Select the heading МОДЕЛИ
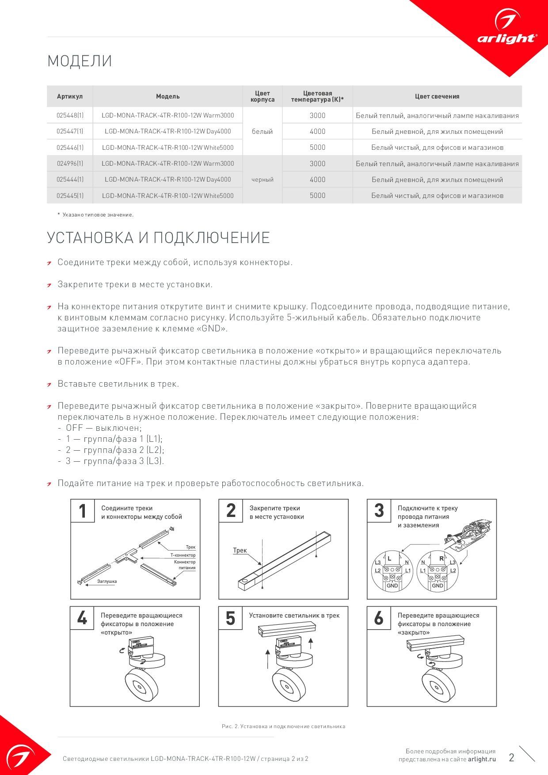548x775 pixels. point(80,61)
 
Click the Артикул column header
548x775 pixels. point(70,96)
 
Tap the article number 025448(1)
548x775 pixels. point(70,115)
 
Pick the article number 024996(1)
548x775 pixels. point(70,163)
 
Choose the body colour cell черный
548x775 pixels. point(263,179)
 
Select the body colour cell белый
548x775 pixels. point(263,131)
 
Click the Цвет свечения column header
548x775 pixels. point(437,96)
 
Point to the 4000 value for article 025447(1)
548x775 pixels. point(317,131)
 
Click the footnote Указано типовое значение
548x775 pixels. point(98,215)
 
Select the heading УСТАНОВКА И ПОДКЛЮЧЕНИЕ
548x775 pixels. point(158,238)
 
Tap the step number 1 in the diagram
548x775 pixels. point(82,511)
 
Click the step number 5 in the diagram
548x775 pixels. point(230,618)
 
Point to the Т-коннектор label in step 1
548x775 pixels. point(183,555)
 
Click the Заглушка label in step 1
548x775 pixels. point(107,581)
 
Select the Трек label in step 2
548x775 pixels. point(240,550)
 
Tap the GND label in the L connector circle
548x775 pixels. point(392,585)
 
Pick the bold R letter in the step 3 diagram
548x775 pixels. point(441,558)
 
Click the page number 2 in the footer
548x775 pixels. point(511,758)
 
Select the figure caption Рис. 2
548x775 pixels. point(283,726)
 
